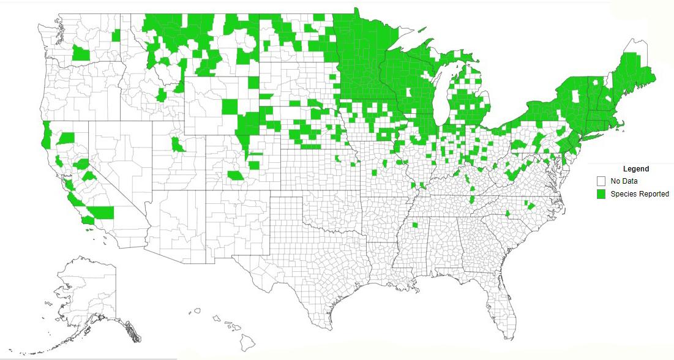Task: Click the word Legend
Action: click(x=635, y=169)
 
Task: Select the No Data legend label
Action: click(x=624, y=181)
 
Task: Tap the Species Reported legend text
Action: click(x=640, y=194)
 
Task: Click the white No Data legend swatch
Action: click(x=601, y=181)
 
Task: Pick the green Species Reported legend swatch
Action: click(x=601, y=194)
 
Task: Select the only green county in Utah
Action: click(x=177, y=145)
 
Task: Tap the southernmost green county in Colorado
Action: click(x=234, y=176)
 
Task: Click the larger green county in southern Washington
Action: click(x=81, y=52)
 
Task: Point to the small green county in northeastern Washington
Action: click(x=116, y=36)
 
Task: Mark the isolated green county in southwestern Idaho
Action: click(x=161, y=94)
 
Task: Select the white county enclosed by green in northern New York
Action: click(x=575, y=96)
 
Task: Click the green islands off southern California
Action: click(x=90, y=230)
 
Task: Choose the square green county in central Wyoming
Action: click(x=228, y=106)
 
